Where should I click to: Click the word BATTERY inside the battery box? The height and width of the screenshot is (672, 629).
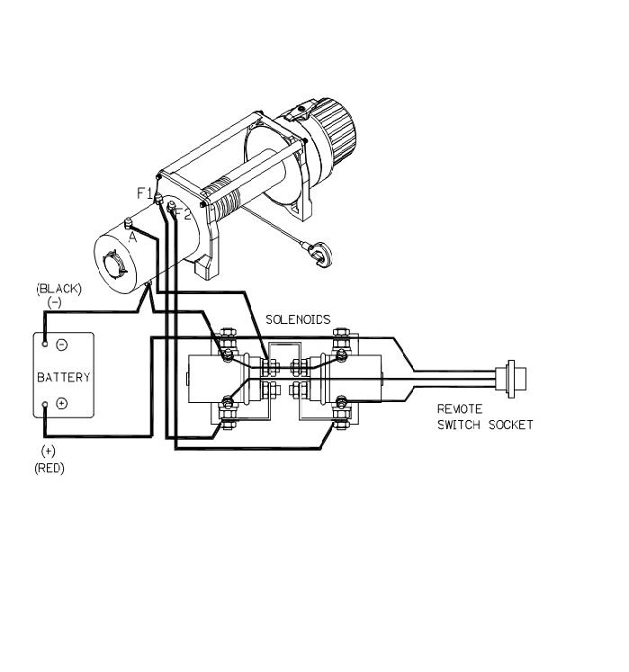[x=64, y=377]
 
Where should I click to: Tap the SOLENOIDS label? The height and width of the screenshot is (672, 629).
[x=298, y=319]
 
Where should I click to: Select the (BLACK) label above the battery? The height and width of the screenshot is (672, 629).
[x=58, y=289]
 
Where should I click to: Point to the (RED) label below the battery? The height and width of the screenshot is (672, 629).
[x=49, y=468]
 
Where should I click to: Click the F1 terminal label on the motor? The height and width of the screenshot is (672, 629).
[x=145, y=193]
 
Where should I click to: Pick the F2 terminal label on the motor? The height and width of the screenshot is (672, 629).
[x=183, y=213]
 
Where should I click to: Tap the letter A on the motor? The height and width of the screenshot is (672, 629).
[x=132, y=237]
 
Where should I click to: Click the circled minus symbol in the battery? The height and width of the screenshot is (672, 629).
[x=62, y=345]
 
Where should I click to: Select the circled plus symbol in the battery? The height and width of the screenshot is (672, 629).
[x=62, y=403]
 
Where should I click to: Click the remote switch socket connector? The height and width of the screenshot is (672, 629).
[x=510, y=380]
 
